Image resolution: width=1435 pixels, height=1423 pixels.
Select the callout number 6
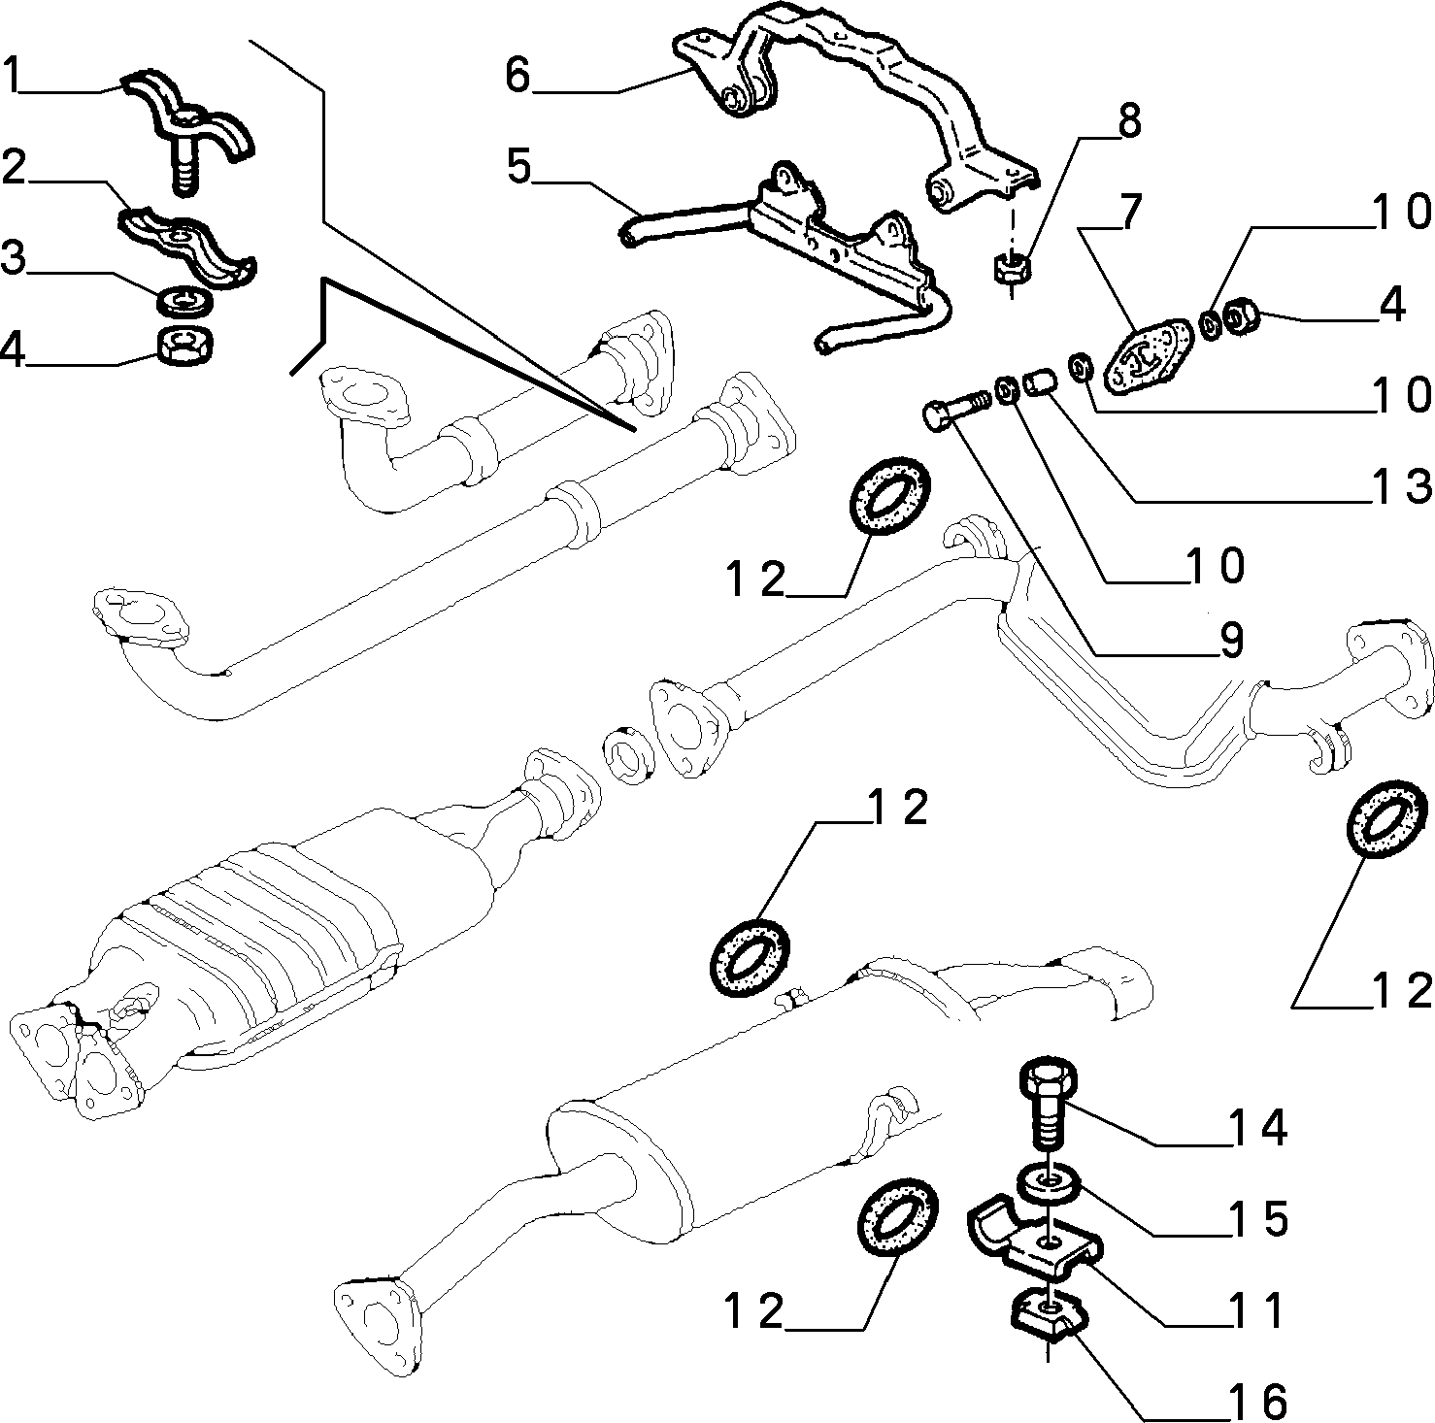(518, 75)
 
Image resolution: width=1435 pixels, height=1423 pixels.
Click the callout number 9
(1230, 640)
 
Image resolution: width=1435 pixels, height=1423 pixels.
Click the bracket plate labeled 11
(1033, 1241)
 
